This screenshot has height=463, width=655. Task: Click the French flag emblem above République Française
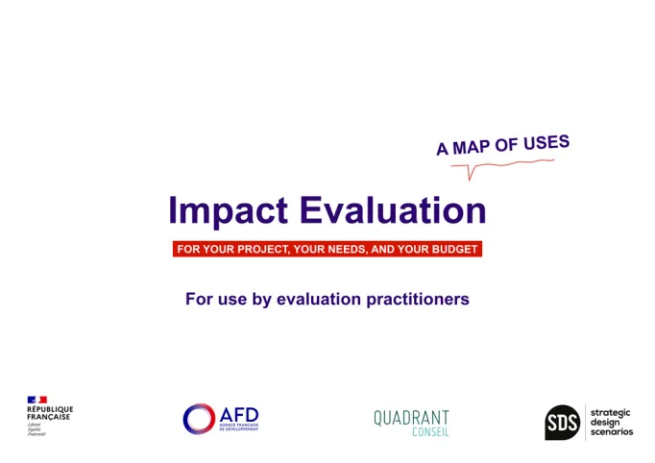[x=36, y=400]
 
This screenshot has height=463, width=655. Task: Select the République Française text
[x=49, y=413]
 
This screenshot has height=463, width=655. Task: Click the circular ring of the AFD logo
[x=199, y=419]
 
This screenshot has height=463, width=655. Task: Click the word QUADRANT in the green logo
[x=411, y=417]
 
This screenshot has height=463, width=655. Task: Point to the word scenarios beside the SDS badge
[x=612, y=432]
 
